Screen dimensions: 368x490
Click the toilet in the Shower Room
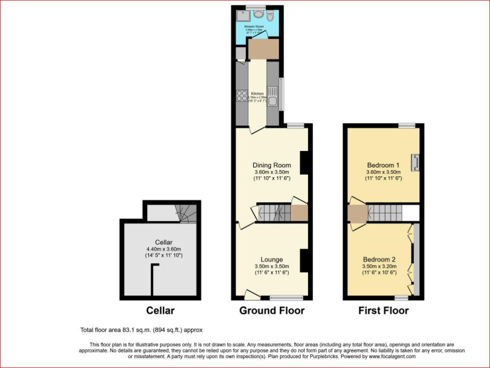[x=270, y=17]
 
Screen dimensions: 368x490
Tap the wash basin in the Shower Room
[x=258, y=13]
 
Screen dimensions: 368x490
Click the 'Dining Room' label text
[x=271, y=165]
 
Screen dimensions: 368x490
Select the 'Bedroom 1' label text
[x=383, y=165]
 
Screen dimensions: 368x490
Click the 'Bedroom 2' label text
[x=379, y=259]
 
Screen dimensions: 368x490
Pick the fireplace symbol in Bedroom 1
[x=416, y=163]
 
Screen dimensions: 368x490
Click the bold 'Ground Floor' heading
[x=271, y=310]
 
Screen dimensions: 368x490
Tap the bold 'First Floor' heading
[x=383, y=310]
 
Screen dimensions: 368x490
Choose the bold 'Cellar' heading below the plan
[x=160, y=310]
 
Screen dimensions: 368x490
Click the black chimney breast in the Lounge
[x=304, y=260]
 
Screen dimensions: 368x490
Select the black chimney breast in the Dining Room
[x=304, y=163]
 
